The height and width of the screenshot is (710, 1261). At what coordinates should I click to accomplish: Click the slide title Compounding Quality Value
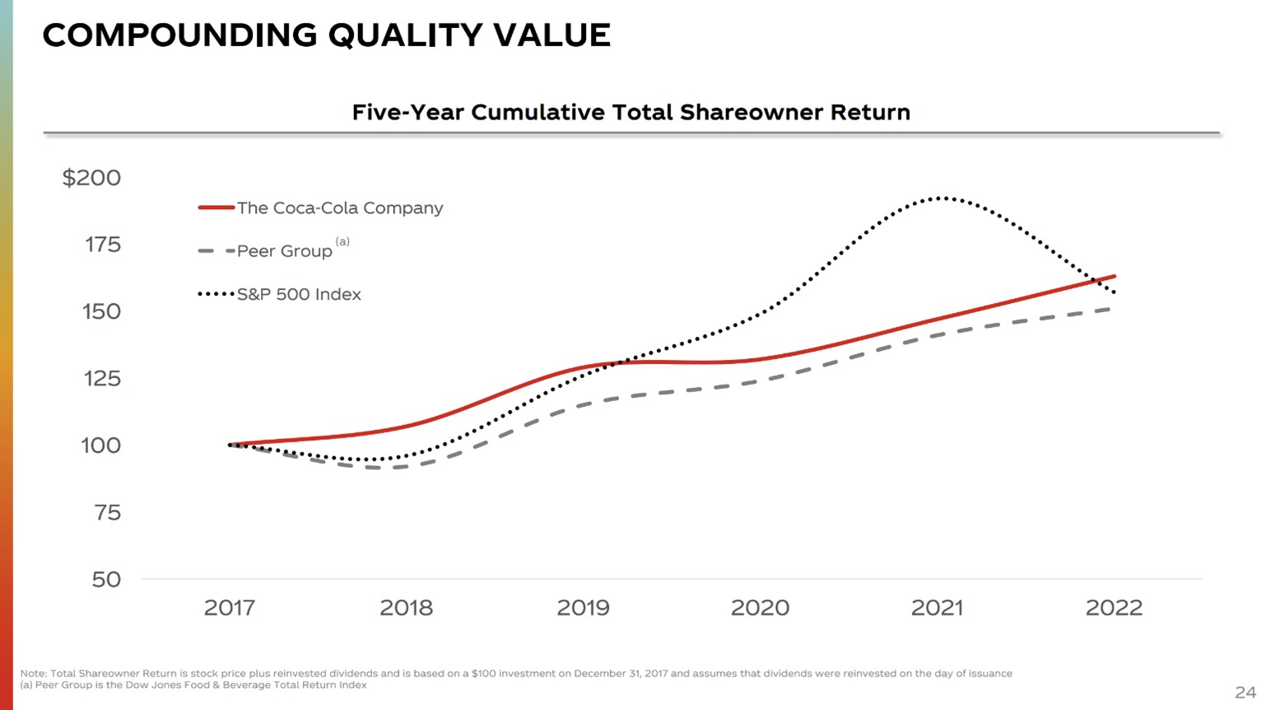click(326, 35)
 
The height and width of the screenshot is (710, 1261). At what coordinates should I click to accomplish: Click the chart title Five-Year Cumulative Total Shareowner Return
click(630, 112)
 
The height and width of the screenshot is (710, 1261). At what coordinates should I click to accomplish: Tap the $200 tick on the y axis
click(91, 178)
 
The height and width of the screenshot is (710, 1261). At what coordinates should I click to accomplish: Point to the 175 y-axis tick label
click(102, 245)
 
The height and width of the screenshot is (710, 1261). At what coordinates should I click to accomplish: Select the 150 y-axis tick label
click(101, 311)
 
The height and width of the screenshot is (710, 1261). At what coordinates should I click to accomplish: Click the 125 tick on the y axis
click(102, 379)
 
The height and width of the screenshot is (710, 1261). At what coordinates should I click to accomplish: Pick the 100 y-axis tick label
click(100, 446)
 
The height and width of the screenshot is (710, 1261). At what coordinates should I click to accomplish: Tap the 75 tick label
click(107, 513)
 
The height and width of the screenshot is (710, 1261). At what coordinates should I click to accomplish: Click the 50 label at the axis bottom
click(106, 580)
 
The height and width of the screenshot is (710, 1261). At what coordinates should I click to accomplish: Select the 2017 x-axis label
click(229, 608)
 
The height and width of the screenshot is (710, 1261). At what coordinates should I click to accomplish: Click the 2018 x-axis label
click(406, 608)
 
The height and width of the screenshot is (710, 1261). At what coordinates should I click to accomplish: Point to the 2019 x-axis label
click(583, 608)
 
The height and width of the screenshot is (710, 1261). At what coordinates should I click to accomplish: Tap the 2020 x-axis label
click(760, 608)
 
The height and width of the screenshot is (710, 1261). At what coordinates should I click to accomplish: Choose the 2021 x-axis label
click(937, 608)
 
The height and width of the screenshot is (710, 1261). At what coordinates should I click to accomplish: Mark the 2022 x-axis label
click(1114, 608)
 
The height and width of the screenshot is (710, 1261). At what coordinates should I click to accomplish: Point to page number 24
click(1245, 692)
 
